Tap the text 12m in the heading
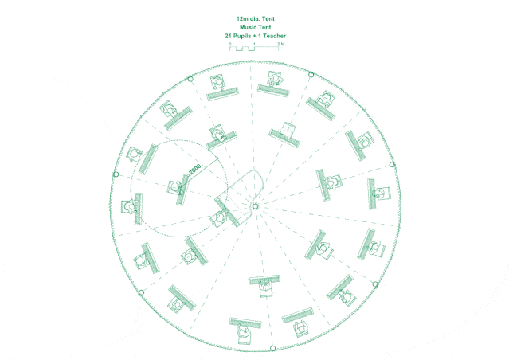241,19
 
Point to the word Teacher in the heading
274,36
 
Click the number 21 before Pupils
228,36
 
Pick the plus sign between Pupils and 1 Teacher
255,36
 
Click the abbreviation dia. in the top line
255,19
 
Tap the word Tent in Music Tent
264,27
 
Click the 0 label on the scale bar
230,44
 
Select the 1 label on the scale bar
254,44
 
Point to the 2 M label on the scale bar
281,44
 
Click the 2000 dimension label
195,169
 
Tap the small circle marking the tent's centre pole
255,206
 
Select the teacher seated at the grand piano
219,217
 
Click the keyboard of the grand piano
227,212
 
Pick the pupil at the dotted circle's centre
175,187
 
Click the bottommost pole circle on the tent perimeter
272,348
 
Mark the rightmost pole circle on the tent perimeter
392,165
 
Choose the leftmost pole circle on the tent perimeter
116,174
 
